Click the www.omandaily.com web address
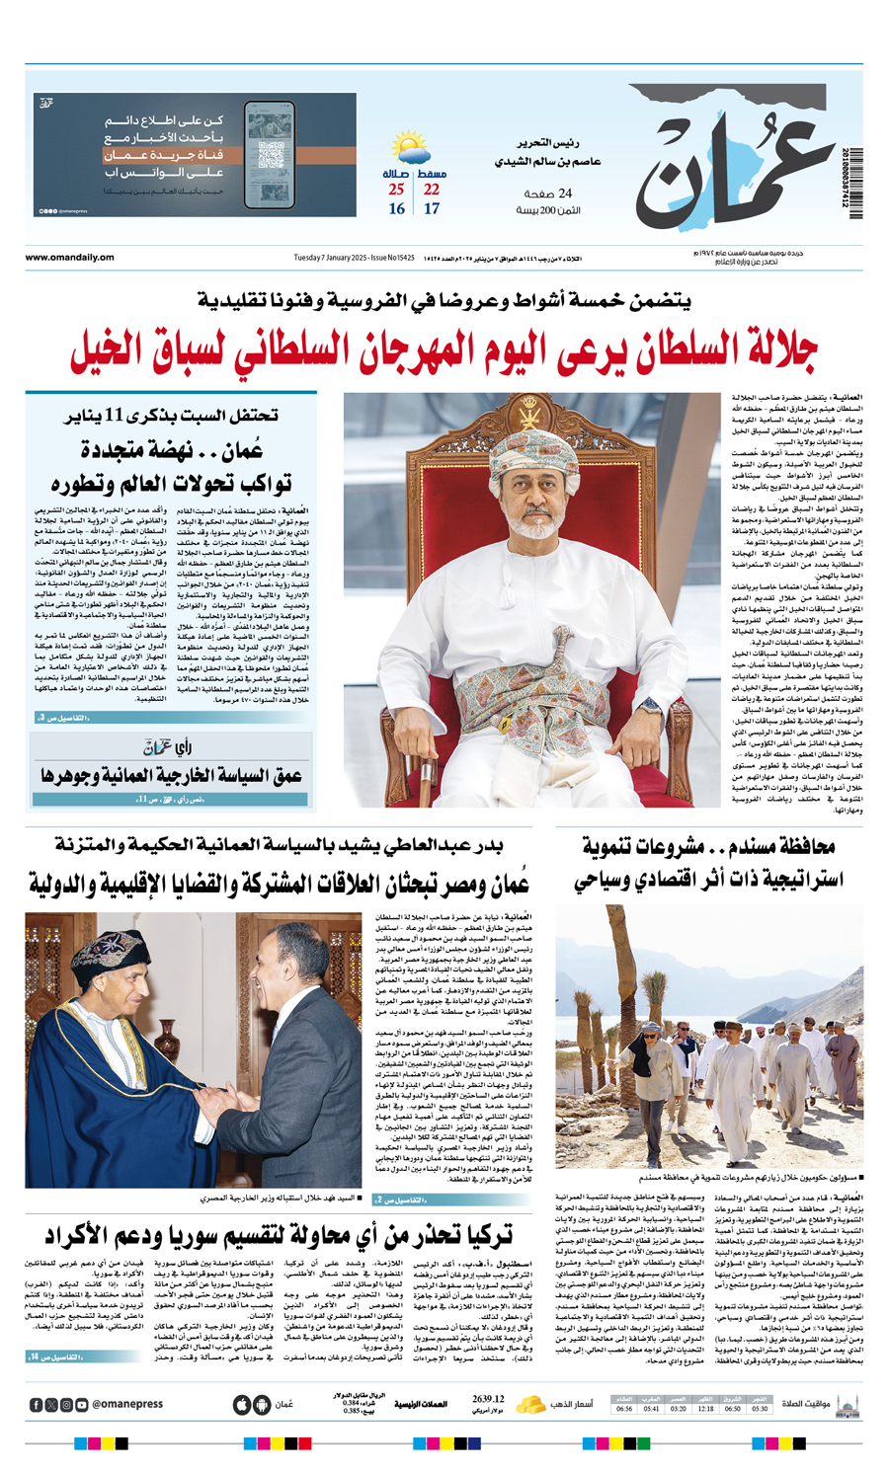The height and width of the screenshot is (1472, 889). pyautogui.click(x=69, y=258)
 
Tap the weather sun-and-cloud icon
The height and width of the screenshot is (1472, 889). pyautogui.click(x=411, y=150)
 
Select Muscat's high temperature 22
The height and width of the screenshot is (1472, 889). pyautogui.click(x=432, y=190)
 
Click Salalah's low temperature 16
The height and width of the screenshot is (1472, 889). pyautogui.click(x=396, y=209)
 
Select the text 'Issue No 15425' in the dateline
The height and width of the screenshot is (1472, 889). pyautogui.click(x=390, y=258)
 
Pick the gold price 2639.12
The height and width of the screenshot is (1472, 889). pyautogui.click(x=488, y=1399)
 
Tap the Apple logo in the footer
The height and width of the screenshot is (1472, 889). pyautogui.click(x=241, y=1404)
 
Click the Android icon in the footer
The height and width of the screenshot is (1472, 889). pyautogui.click(x=262, y=1404)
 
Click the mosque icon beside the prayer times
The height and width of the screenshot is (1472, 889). pyautogui.click(x=847, y=1403)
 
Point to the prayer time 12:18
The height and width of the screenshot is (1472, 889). pyautogui.click(x=705, y=1409)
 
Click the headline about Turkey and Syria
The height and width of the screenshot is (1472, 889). pyautogui.click(x=280, y=1234)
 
